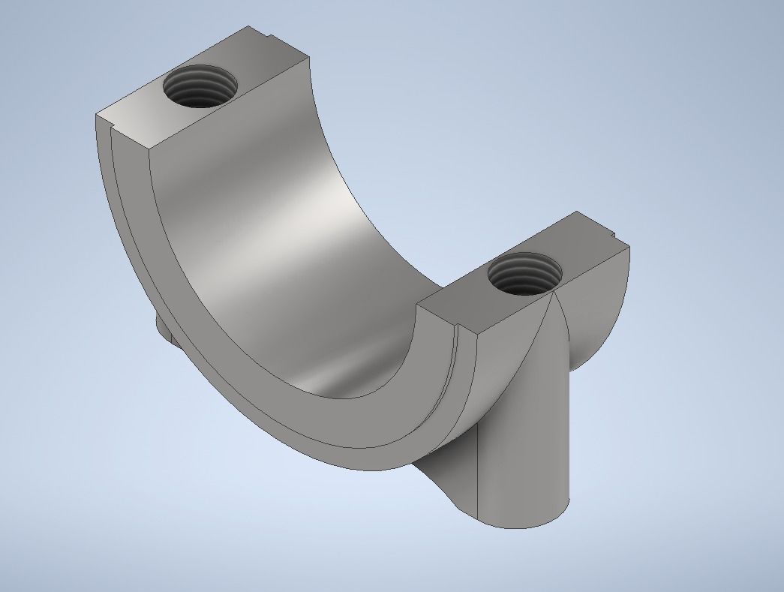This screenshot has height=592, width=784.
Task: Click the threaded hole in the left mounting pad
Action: click(x=199, y=86)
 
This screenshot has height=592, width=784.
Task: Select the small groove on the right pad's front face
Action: click(x=455, y=338)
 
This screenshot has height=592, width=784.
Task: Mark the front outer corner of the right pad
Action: click(x=475, y=337)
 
